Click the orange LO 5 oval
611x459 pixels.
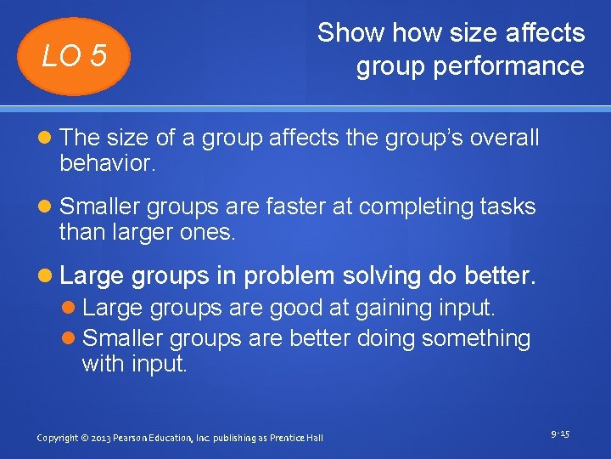tap(76, 56)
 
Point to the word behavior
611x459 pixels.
tap(108, 163)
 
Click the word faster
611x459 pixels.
tap(323, 207)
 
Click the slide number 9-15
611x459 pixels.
tap(559, 434)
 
